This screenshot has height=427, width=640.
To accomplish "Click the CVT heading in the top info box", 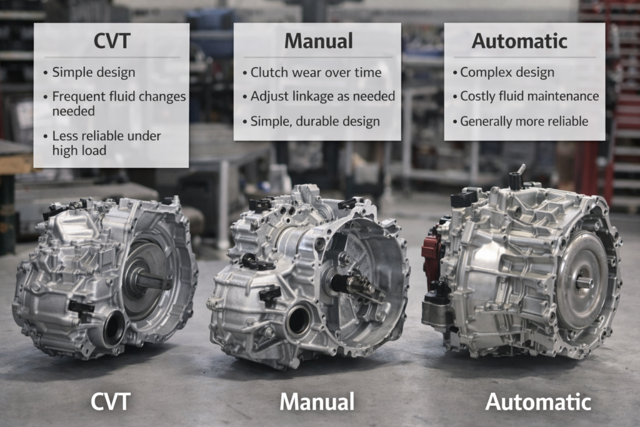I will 111,41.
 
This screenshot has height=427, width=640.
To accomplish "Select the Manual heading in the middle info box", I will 317,41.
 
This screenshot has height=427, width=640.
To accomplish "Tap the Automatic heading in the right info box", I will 519,41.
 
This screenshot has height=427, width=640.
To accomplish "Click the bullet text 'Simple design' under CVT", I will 93,72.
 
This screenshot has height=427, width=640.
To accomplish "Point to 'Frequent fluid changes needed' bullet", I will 118,103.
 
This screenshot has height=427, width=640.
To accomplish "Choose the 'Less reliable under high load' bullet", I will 106,143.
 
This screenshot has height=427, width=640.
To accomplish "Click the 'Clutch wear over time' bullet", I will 315,72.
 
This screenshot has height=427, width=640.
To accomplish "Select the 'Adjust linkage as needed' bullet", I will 322,96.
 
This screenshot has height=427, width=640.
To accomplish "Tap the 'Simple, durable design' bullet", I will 314,121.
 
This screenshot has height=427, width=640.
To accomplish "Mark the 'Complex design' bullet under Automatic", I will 506,72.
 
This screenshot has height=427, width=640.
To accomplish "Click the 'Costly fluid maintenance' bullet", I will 529,96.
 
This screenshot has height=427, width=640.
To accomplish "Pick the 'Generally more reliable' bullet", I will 524,121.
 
